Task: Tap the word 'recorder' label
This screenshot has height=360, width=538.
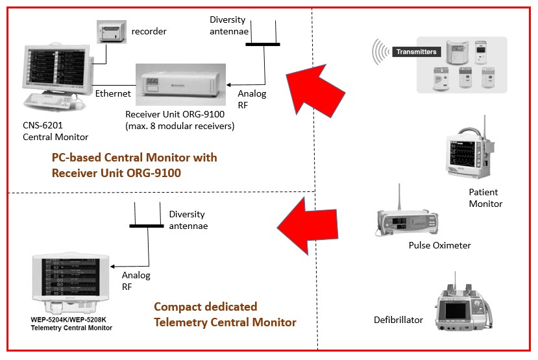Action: click(x=149, y=31)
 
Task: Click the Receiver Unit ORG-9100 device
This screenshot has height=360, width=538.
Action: click(x=180, y=86)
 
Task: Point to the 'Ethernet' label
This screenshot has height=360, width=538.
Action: click(x=113, y=93)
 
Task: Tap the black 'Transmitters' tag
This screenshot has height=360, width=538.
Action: click(x=416, y=51)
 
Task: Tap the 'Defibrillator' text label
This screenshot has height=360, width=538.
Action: click(x=398, y=320)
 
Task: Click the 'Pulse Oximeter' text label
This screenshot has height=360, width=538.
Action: click(x=439, y=245)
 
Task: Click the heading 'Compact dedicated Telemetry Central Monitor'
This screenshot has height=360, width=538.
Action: click(x=225, y=315)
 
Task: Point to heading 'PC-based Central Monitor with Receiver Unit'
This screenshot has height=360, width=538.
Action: click(x=134, y=165)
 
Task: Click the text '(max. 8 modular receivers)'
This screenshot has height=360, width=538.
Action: click(x=180, y=126)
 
